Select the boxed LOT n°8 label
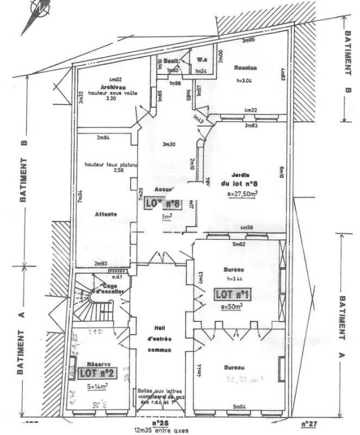coord(163,204)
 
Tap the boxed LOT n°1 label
coord(232,294)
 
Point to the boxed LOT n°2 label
coord(96,373)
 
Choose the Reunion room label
coord(245,68)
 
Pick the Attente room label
coord(105,214)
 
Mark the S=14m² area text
coord(97,387)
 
